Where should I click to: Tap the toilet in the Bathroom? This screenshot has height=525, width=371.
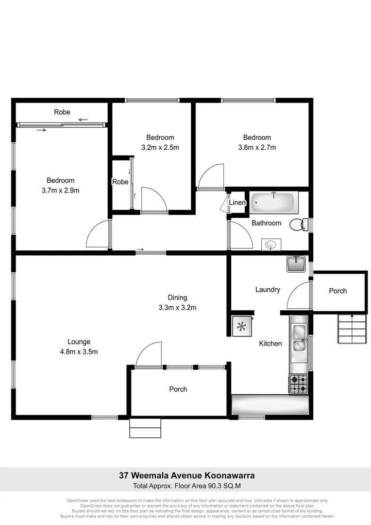(298, 225)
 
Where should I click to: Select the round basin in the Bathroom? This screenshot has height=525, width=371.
(271, 245)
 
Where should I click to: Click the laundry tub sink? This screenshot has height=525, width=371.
(296, 264)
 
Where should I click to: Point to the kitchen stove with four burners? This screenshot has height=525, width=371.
(299, 384)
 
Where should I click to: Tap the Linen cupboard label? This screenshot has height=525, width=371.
(237, 203)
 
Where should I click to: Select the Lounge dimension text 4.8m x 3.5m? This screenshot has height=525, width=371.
(79, 351)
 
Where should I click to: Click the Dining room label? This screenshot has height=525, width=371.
(177, 297)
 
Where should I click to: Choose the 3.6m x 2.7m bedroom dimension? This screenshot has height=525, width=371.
(257, 147)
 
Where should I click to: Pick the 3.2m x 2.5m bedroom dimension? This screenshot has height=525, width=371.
(160, 147)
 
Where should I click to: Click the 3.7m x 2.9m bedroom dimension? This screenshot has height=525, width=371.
(61, 191)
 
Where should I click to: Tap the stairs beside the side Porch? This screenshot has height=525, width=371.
(351, 329)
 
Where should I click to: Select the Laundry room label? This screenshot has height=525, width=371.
(268, 289)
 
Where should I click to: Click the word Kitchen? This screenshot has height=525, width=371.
(270, 343)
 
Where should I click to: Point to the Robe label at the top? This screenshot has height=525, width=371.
(62, 112)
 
